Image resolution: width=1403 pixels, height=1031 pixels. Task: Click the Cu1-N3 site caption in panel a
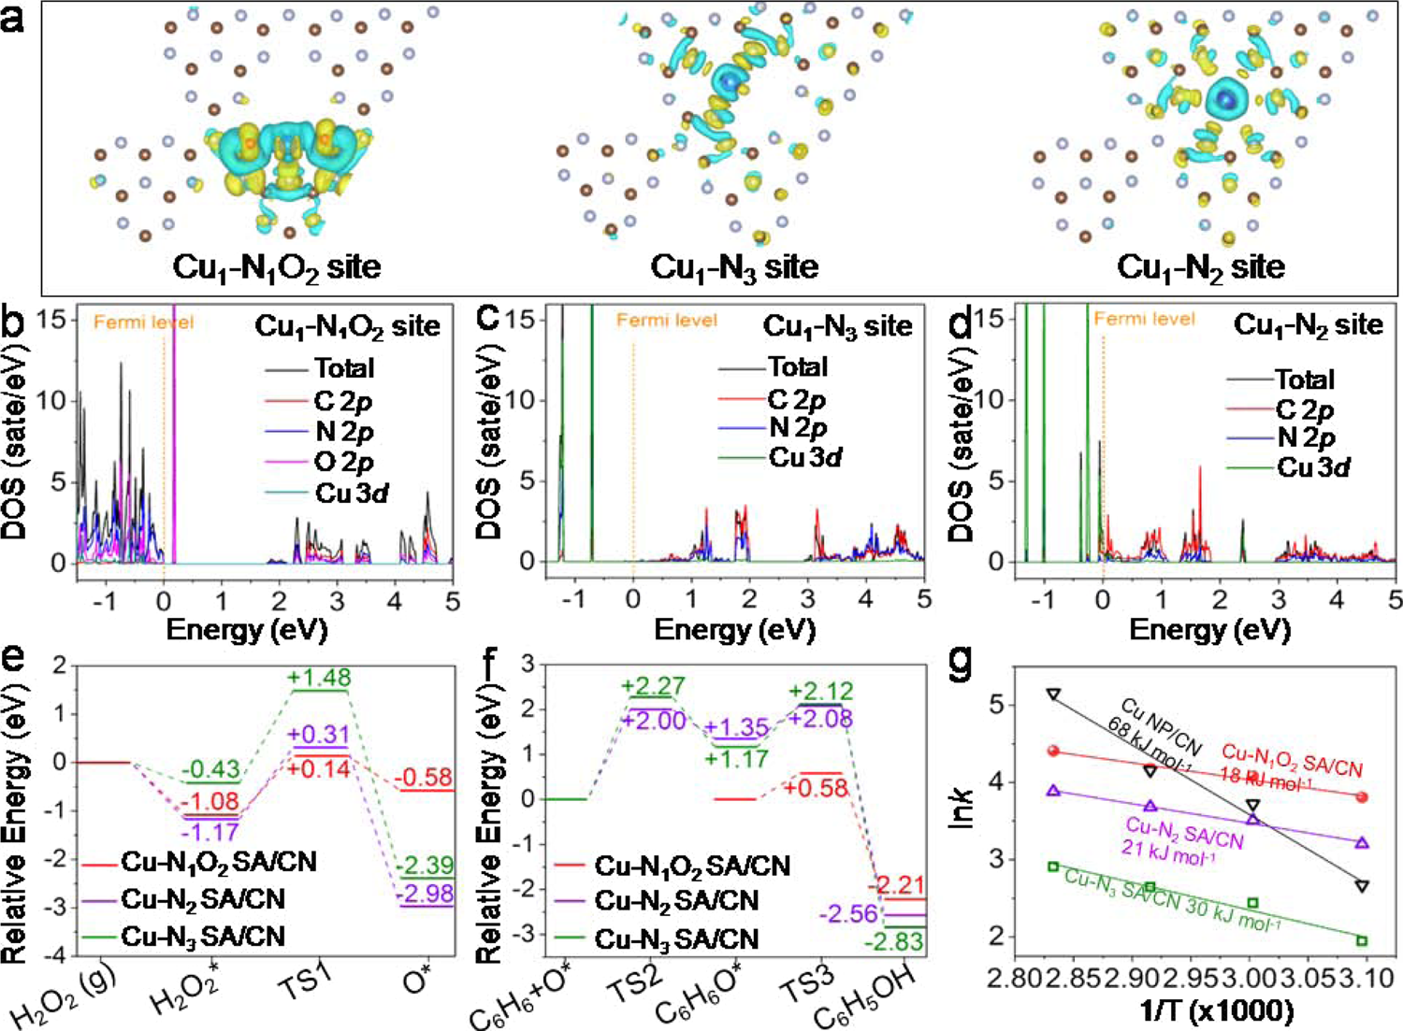[734, 267]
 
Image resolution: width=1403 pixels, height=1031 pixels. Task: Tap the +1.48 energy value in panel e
[320, 677]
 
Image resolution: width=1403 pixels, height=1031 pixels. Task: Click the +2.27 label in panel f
[652, 687]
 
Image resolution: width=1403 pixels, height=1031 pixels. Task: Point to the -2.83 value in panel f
[893, 941]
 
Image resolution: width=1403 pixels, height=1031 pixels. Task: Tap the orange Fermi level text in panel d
[1144, 319]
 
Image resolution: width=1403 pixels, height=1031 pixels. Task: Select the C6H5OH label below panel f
[866, 1004]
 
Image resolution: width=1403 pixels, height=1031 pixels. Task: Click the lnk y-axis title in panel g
[961, 808]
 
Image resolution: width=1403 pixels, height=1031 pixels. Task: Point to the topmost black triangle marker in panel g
[1054, 694]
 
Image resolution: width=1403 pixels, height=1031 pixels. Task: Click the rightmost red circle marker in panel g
[1362, 797]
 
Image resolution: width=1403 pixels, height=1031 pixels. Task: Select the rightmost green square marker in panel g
[1362, 940]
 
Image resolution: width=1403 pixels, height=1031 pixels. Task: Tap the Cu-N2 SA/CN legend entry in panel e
[202, 899]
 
